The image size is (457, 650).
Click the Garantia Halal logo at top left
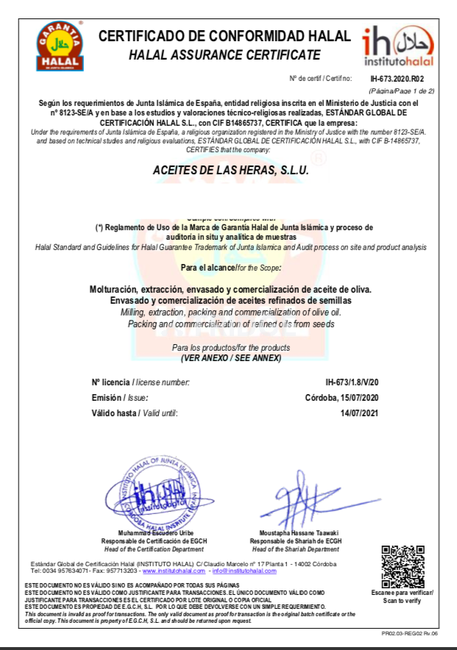60,46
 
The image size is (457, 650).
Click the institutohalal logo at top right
397,46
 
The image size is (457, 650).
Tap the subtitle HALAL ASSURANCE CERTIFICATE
224,54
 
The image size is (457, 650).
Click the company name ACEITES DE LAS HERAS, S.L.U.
230,170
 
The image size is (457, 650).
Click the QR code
403,565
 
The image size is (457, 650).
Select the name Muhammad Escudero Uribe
156,532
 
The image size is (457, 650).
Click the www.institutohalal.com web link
174,571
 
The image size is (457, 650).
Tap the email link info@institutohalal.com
244,571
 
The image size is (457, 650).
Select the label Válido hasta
115,413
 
